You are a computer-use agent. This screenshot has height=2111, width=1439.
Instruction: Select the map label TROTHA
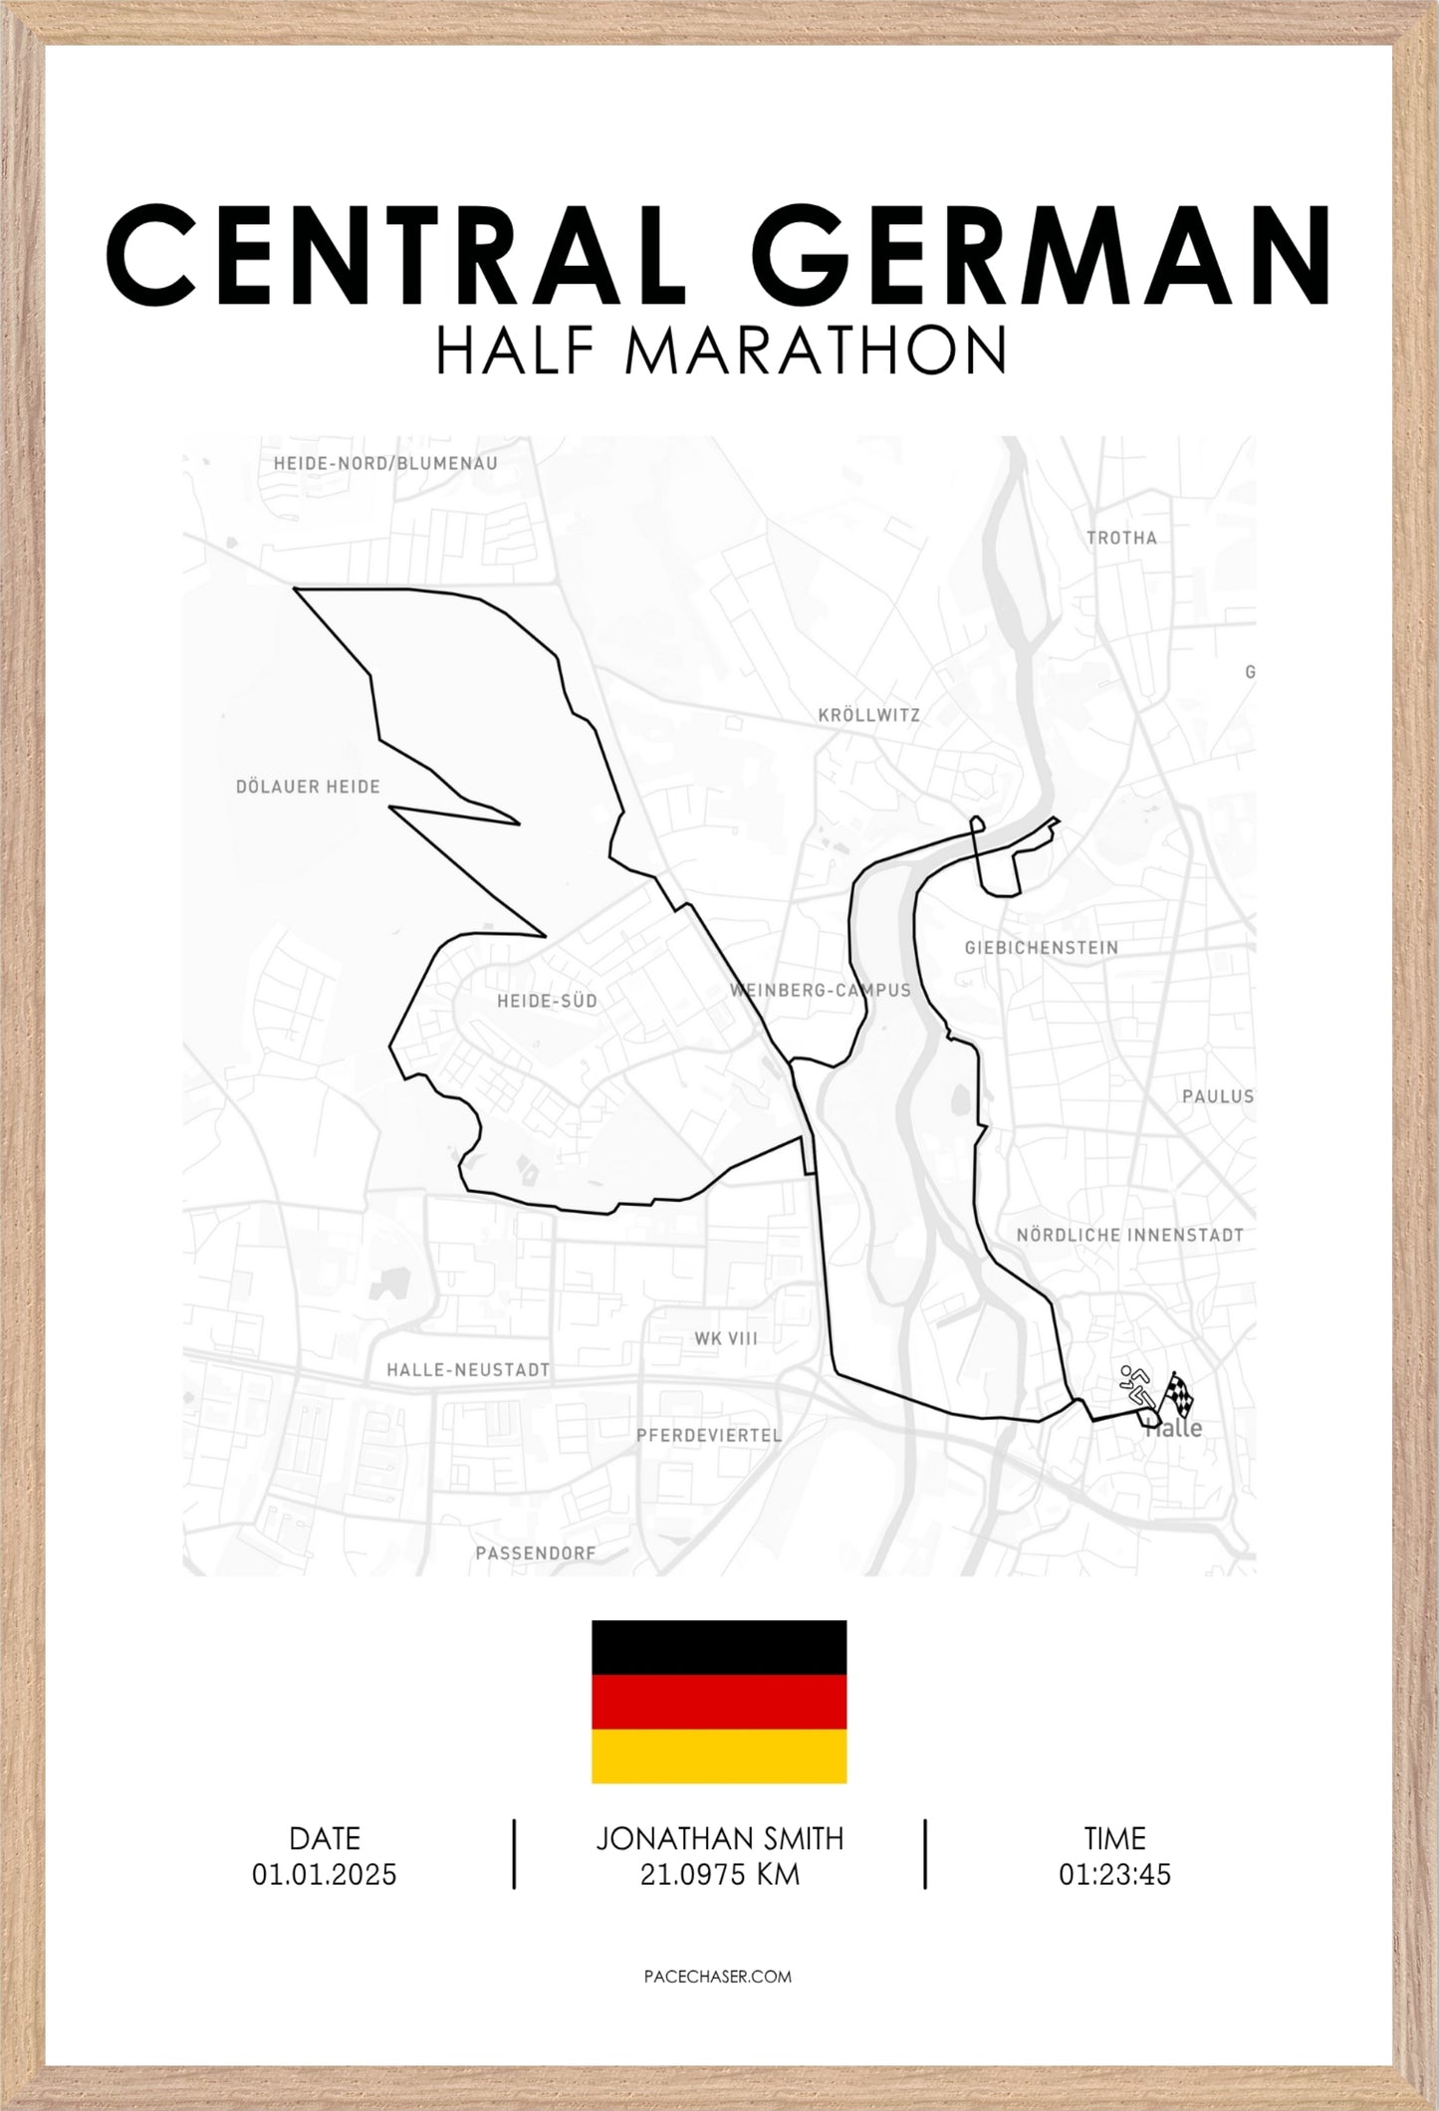click(x=1121, y=539)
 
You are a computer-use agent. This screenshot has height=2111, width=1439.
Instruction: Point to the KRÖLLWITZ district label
click(x=868, y=716)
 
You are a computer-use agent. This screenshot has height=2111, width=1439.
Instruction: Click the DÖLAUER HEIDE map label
click(x=308, y=788)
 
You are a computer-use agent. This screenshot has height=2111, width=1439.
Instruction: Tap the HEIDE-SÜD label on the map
click(x=547, y=1001)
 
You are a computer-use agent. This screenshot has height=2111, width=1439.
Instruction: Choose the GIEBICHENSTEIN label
click(x=1041, y=948)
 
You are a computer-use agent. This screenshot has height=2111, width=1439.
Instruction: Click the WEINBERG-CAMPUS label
click(x=820, y=991)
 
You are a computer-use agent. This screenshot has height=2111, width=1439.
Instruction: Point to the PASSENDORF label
click(x=535, y=1553)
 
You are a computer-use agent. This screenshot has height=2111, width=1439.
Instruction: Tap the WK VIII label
click(x=726, y=1339)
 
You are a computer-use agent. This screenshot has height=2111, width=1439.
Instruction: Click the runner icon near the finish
click(x=1135, y=1386)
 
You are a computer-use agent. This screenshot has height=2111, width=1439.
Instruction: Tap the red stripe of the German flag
click(x=719, y=1702)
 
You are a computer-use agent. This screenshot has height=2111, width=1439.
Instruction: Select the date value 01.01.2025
click(x=324, y=1875)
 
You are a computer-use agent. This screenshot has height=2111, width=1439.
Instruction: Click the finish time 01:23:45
click(x=1114, y=1875)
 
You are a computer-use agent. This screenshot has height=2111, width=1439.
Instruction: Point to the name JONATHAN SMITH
click(x=719, y=1838)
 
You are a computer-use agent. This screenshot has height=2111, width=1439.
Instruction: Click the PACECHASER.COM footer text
click(x=719, y=1977)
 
